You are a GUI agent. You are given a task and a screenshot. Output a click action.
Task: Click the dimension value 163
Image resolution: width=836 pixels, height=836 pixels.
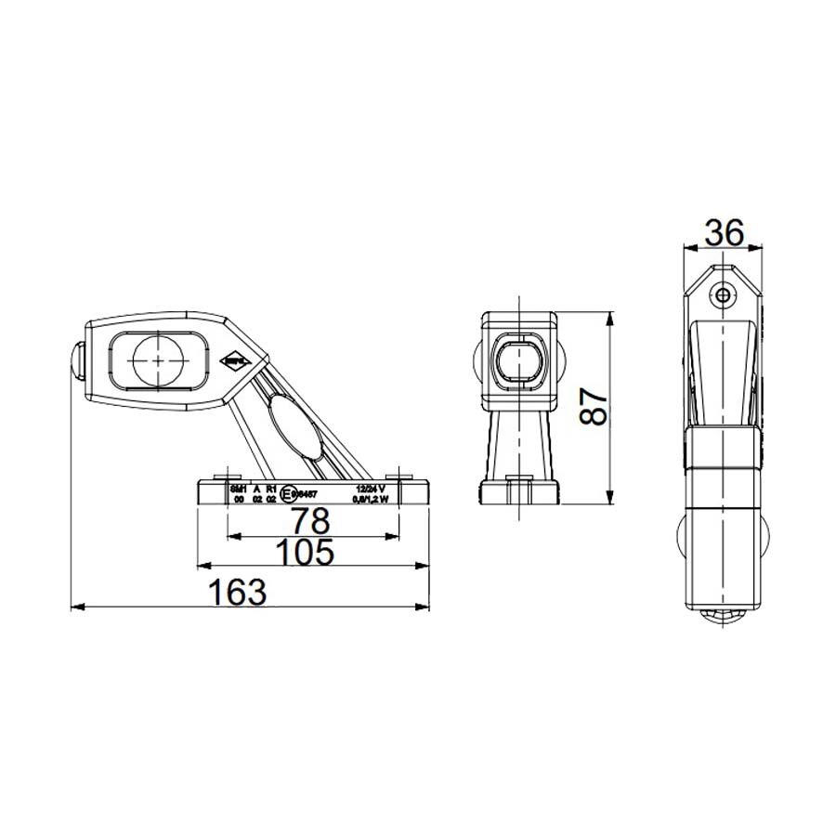tap(236, 592)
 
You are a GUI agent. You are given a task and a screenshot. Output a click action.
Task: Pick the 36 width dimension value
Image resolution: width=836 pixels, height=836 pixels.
tap(723, 233)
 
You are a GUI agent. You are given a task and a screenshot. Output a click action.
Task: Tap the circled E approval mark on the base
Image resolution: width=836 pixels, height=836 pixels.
tap(289, 494)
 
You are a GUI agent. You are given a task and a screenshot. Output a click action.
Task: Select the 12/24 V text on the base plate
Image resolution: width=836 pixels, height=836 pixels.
tap(370, 488)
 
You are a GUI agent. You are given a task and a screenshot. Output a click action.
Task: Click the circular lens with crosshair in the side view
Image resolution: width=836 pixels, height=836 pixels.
tap(160, 360)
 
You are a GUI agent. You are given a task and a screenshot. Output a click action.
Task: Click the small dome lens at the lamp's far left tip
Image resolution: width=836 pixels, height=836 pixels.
tap(76, 360)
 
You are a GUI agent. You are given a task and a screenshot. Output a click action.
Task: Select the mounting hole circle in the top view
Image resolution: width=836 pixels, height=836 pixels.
tap(723, 294)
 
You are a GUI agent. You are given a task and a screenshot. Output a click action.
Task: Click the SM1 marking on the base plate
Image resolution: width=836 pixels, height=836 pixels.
tap(238, 488)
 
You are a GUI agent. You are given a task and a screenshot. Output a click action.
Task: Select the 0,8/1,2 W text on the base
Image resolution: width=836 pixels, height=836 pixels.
tap(370, 499)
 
